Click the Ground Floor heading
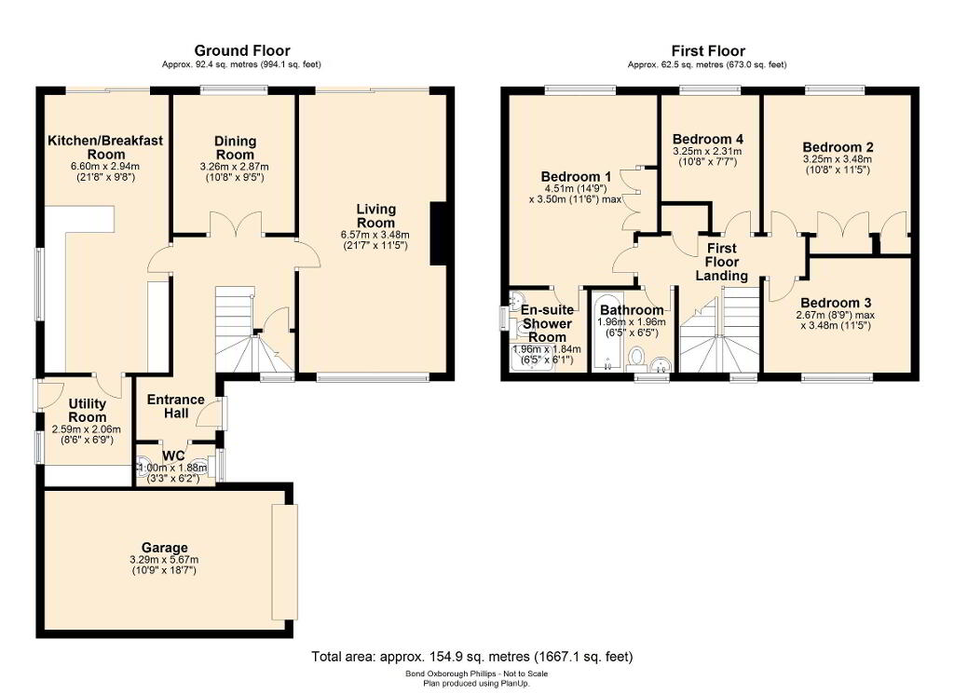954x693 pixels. [x=241, y=50]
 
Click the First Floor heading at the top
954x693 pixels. [x=708, y=50]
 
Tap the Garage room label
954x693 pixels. [x=164, y=548]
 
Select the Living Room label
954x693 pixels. [x=376, y=216]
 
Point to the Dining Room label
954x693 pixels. [x=235, y=148]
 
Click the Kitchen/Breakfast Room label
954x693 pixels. [x=105, y=147]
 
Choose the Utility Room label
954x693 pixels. [x=87, y=411]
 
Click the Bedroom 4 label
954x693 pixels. [x=708, y=140]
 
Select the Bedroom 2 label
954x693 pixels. [x=838, y=147]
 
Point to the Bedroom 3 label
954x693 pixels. [x=836, y=303]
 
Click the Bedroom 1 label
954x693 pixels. [x=576, y=176]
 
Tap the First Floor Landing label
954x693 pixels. [x=722, y=263]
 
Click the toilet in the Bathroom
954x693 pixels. [x=637, y=357]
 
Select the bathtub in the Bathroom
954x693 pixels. [x=606, y=333]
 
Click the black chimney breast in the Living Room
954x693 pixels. [x=438, y=234]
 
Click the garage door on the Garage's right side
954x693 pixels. [x=285, y=561]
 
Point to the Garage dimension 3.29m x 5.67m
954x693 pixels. [x=164, y=560]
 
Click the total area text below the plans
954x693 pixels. [x=472, y=657]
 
